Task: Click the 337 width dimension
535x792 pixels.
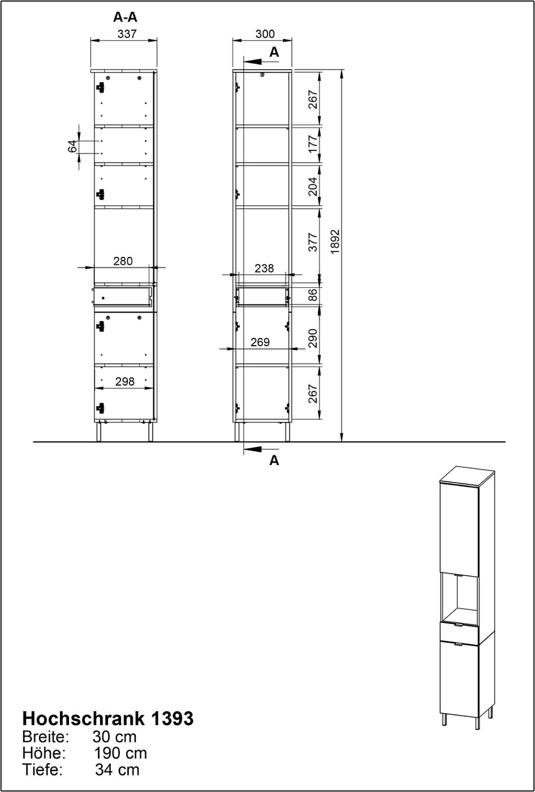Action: (x=127, y=34)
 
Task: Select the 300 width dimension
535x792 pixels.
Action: (x=265, y=34)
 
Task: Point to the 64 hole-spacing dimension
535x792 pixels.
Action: (x=72, y=146)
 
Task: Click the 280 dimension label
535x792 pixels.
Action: (x=123, y=261)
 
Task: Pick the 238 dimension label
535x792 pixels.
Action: (x=264, y=268)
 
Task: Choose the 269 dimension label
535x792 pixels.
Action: (x=260, y=342)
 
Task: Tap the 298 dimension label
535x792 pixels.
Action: (x=125, y=381)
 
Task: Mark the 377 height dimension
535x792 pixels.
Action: (x=313, y=242)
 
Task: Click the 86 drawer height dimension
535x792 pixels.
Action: (x=313, y=295)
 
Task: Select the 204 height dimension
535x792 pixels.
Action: (x=313, y=186)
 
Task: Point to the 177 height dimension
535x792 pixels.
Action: (x=313, y=144)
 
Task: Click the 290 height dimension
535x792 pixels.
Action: (x=313, y=338)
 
